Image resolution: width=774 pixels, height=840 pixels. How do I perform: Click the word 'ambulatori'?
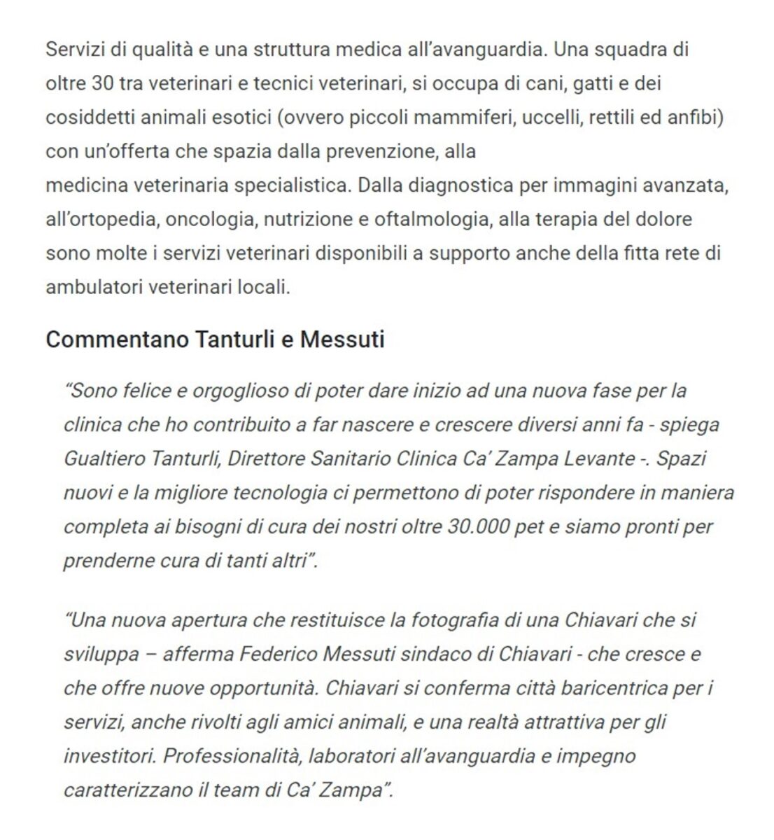click(93, 287)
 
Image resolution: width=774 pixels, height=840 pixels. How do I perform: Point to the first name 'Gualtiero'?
click(106, 458)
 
